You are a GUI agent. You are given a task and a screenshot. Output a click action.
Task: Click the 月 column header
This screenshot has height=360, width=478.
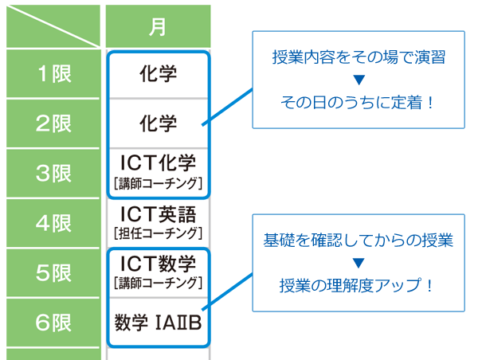point(158,26)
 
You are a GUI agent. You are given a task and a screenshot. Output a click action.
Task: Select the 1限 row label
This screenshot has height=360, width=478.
point(53,74)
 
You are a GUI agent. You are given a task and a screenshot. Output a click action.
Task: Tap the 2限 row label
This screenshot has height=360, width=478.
point(53,123)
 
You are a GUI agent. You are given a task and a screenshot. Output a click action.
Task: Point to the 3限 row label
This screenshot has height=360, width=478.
point(53,174)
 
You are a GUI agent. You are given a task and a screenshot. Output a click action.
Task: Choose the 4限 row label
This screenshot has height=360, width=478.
point(53,223)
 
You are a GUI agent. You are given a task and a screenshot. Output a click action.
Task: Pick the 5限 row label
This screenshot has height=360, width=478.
point(53,273)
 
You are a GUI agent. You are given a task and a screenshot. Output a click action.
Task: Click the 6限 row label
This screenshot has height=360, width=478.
point(53,323)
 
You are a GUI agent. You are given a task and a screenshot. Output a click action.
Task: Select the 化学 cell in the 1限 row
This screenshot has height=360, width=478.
point(159,74)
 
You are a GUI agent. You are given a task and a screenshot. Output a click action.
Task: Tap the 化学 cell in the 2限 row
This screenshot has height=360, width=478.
point(159,123)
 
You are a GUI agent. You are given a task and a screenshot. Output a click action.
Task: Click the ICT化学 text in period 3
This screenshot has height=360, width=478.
point(159,162)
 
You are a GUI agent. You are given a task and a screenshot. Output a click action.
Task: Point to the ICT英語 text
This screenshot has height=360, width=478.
point(159,214)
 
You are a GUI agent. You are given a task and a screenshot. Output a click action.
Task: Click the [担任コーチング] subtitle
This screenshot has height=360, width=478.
point(159,233)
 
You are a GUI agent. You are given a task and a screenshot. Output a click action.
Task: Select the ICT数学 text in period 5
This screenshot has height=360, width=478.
point(159,264)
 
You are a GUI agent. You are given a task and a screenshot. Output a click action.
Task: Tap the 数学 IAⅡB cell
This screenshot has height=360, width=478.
point(159,323)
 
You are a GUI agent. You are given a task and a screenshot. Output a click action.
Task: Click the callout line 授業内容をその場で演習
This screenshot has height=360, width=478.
point(358,57)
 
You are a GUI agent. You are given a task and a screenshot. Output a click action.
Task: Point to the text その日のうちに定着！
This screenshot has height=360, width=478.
point(357,103)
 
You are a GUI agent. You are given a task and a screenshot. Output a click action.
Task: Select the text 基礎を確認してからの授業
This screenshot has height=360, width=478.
point(358,241)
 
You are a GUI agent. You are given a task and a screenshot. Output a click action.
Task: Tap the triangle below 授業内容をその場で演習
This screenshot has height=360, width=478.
point(358,80)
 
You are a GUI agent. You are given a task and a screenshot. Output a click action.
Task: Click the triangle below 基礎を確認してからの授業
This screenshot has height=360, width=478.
point(358,263)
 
